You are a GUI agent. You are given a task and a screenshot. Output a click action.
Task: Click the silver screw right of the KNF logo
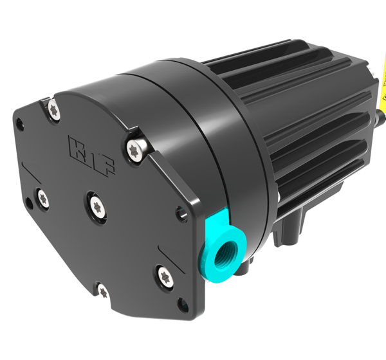pyautogui.click(x=136, y=147)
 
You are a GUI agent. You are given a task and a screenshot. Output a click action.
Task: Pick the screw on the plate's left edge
pyautogui.click(x=41, y=197)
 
